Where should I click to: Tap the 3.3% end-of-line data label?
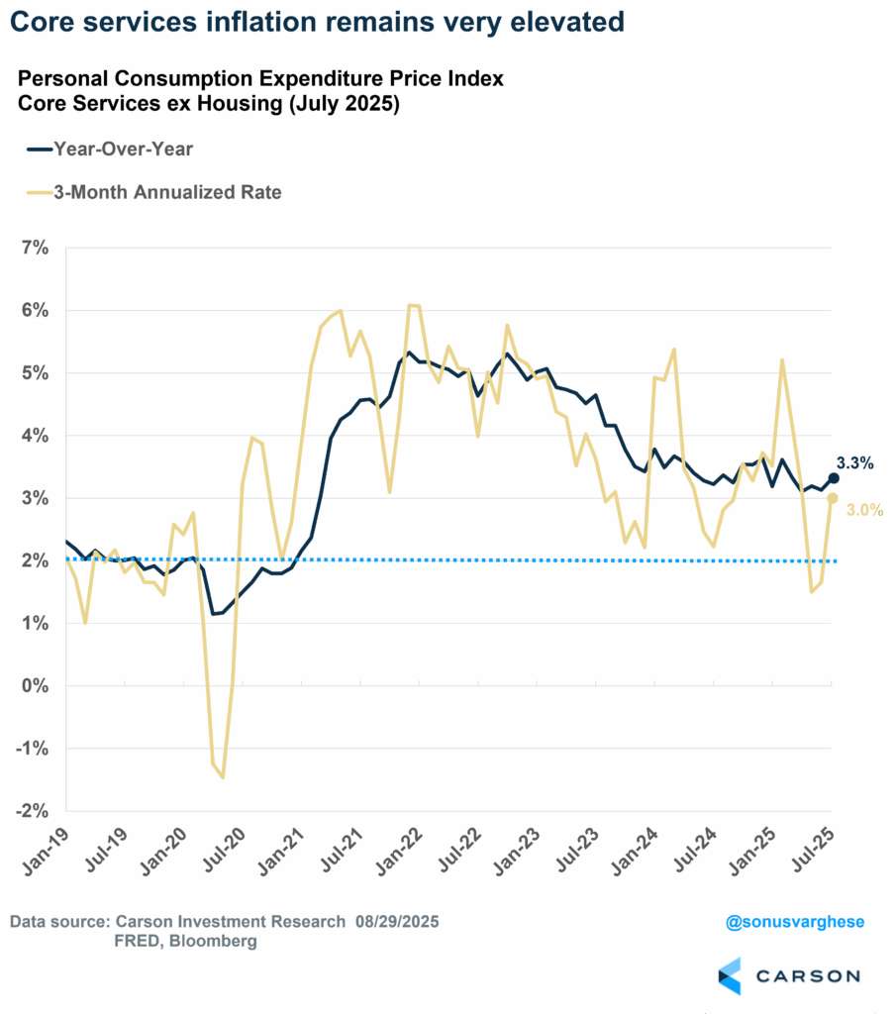click(x=854, y=462)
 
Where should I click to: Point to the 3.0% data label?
click(x=863, y=510)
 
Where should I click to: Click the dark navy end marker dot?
click(x=834, y=478)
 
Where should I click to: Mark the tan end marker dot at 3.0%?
click(x=834, y=498)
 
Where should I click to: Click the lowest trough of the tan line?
click(x=223, y=777)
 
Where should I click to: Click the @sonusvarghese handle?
click(x=795, y=922)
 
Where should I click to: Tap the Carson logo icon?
click(x=729, y=975)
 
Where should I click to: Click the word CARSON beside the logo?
click(x=809, y=976)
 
